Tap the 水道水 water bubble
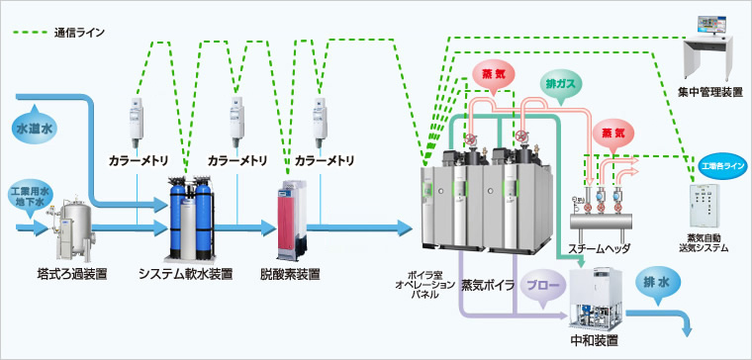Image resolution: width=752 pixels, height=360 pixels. coord(35,130)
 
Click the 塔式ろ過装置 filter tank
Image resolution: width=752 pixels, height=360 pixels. coord(73,228)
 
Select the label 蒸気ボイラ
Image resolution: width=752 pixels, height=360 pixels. coord(488,284)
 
